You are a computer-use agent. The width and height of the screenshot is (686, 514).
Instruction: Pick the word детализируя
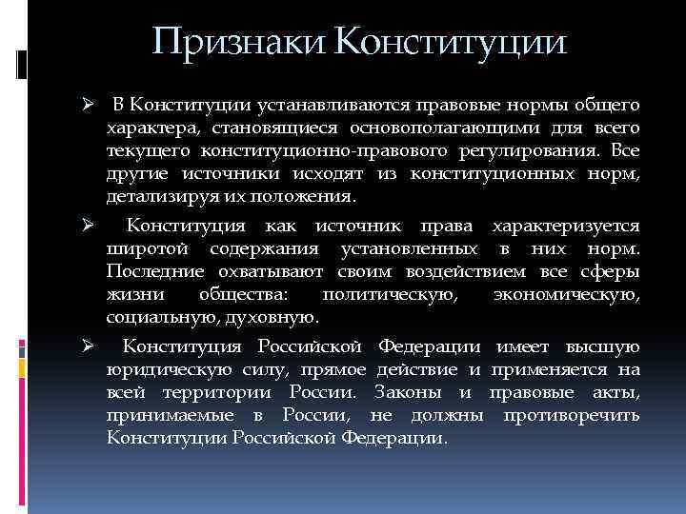[153, 196]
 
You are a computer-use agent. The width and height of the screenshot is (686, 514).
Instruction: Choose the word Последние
[153, 271]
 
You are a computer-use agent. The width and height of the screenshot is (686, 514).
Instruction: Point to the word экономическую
[567, 294]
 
